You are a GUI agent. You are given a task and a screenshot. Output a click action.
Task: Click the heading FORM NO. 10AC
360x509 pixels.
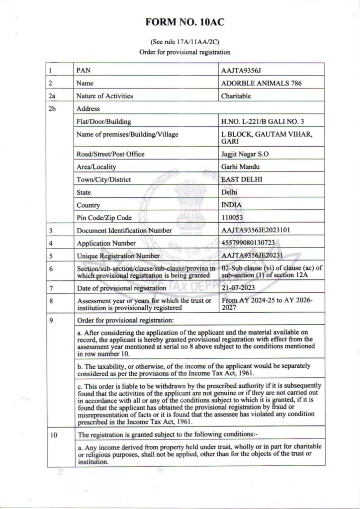click(x=180, y=23)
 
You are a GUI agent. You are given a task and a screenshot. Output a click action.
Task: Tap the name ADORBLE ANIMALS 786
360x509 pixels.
click(x=261, y=84)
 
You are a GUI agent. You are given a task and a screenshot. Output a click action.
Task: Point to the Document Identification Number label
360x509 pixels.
click(x=124, y=231)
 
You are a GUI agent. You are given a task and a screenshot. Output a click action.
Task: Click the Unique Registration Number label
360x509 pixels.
click(x=118, y=256)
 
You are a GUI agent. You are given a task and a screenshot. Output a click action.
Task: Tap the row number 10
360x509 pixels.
click(x=54, y=435)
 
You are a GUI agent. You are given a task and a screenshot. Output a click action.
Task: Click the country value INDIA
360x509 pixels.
click(x=231, y=205)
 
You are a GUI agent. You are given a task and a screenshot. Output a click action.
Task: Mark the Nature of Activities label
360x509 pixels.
click(x=104, y=96)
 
